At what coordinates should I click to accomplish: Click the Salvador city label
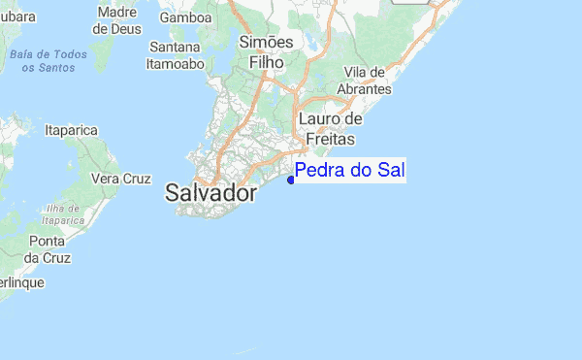[211, 193]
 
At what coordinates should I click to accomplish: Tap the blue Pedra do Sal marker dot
[291, 179]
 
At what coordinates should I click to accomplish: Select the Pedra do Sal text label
[349, 172]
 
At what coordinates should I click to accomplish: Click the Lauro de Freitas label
[330, 128]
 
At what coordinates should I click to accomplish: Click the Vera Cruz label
[121, 179]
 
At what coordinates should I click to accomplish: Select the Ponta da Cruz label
[47, 249]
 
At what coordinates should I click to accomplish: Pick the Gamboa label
[186, 17]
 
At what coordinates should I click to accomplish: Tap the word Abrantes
[363, 88]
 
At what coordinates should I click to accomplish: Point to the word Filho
[265, 61]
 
